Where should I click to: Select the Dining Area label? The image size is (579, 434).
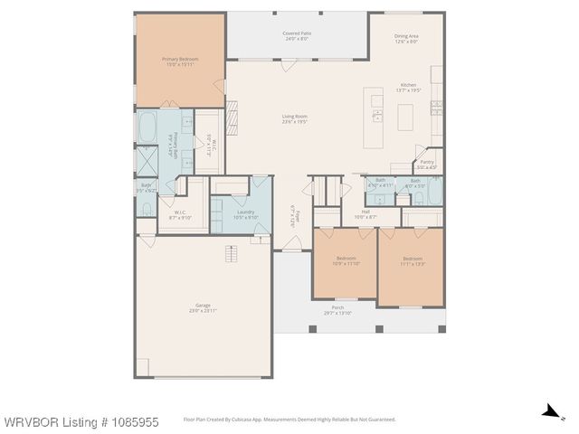pyautogui.click(x=406, y=39)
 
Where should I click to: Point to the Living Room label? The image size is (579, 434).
pyautogui.click(x=294, y=118)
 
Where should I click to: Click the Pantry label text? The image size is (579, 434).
pyautogui.click(x=426, y=164)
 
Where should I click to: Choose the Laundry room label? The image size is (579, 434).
pyautogui.click(x=246, y=214)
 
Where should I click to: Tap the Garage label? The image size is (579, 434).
pyautogui.click(x=203, y=307)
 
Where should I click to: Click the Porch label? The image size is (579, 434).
pyautogui.click(x=337, y=310)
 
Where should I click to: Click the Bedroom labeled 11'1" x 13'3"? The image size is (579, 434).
pyautogui.click(x=413, y=261)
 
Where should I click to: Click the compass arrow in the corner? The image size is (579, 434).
pyautogui.click(x=548, y=411)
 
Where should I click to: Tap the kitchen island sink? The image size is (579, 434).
pyautogui.click(x=377, y=115)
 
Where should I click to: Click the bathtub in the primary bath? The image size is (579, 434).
pyautogui.click(x=147, y=125)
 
